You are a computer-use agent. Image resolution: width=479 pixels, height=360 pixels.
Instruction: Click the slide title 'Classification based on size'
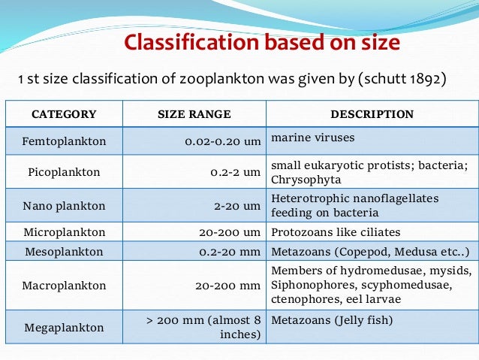(261, 43)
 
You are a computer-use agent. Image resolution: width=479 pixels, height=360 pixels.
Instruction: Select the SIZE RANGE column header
(194, 114)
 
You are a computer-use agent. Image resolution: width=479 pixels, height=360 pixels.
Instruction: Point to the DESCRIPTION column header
(372, 114)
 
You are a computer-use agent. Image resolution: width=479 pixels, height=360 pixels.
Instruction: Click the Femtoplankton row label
(64, 141)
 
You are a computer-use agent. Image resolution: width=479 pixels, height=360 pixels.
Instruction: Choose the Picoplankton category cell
(64, 172)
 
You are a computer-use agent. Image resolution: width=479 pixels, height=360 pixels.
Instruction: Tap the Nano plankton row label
(64, 204)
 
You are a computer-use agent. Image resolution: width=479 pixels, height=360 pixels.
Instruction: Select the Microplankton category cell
(64, 232)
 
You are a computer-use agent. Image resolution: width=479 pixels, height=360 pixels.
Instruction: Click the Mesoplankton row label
(64, 252)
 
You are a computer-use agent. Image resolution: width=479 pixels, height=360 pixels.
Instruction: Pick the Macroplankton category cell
(64, 286)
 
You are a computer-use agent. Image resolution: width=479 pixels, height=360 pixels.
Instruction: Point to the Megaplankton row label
(64, 328)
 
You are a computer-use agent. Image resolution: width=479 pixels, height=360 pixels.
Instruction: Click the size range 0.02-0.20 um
(223, 141)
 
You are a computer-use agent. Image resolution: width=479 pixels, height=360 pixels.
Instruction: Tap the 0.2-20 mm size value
(229, 252)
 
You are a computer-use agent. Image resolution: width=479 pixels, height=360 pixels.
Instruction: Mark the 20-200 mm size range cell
(227, 286)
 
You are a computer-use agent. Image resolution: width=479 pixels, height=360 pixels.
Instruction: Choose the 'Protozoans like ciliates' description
(336, 232)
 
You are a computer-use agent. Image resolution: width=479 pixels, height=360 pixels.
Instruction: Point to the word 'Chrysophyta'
(306, 180)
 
